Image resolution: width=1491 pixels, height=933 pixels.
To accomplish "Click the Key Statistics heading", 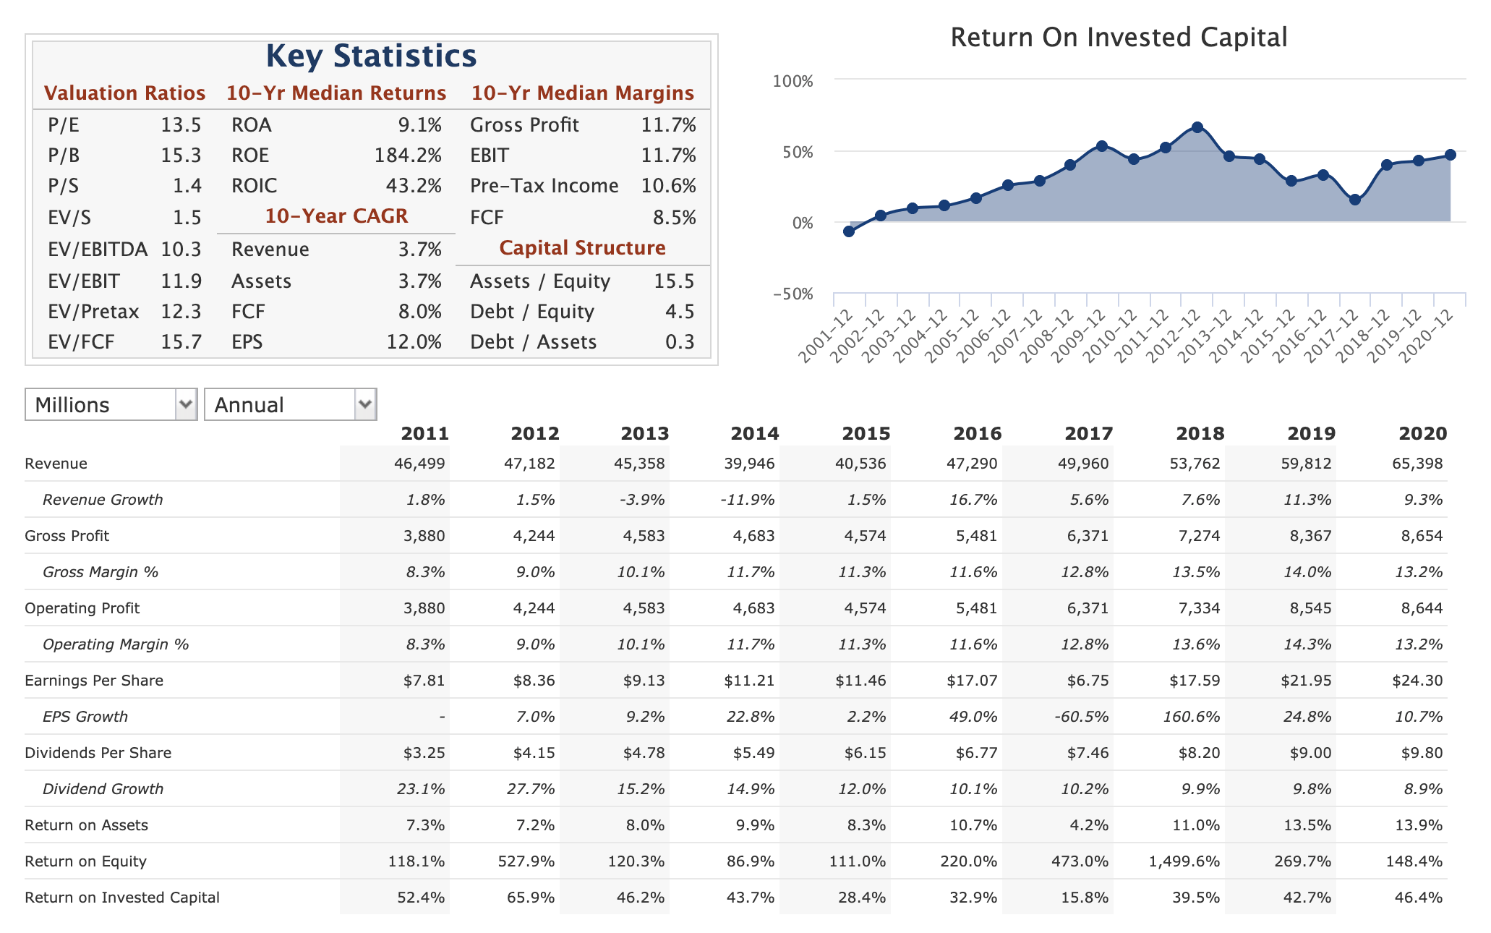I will click(371, 56).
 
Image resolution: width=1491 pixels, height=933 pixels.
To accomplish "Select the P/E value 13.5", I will click(181, 125).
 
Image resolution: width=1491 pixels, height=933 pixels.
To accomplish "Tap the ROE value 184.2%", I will click(408, 155).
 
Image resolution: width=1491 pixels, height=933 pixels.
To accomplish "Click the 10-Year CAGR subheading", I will click(336, 216).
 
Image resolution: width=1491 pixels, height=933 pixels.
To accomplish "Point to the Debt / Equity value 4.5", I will click(680, 312).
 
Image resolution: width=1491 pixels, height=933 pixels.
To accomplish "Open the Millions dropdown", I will click(111, 404).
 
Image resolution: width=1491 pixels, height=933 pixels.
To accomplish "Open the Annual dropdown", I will click(291, 404).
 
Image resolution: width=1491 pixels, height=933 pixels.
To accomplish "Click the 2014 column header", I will click(754, 433).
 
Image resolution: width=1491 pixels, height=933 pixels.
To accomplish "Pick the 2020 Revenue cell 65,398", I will click(1417, 464).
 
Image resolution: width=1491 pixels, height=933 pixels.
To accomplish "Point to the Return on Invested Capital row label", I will click(122, 898).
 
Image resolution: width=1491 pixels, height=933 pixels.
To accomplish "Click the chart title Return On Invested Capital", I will click(1119, 38).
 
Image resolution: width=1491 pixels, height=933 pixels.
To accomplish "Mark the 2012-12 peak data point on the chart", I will click(1197, 127).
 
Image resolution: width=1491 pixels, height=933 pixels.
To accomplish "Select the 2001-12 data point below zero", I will click(849, 231).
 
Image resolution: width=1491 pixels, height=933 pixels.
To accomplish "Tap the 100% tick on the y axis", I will click(793, 80).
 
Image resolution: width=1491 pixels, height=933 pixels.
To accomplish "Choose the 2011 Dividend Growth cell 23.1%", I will click(421, 789).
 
